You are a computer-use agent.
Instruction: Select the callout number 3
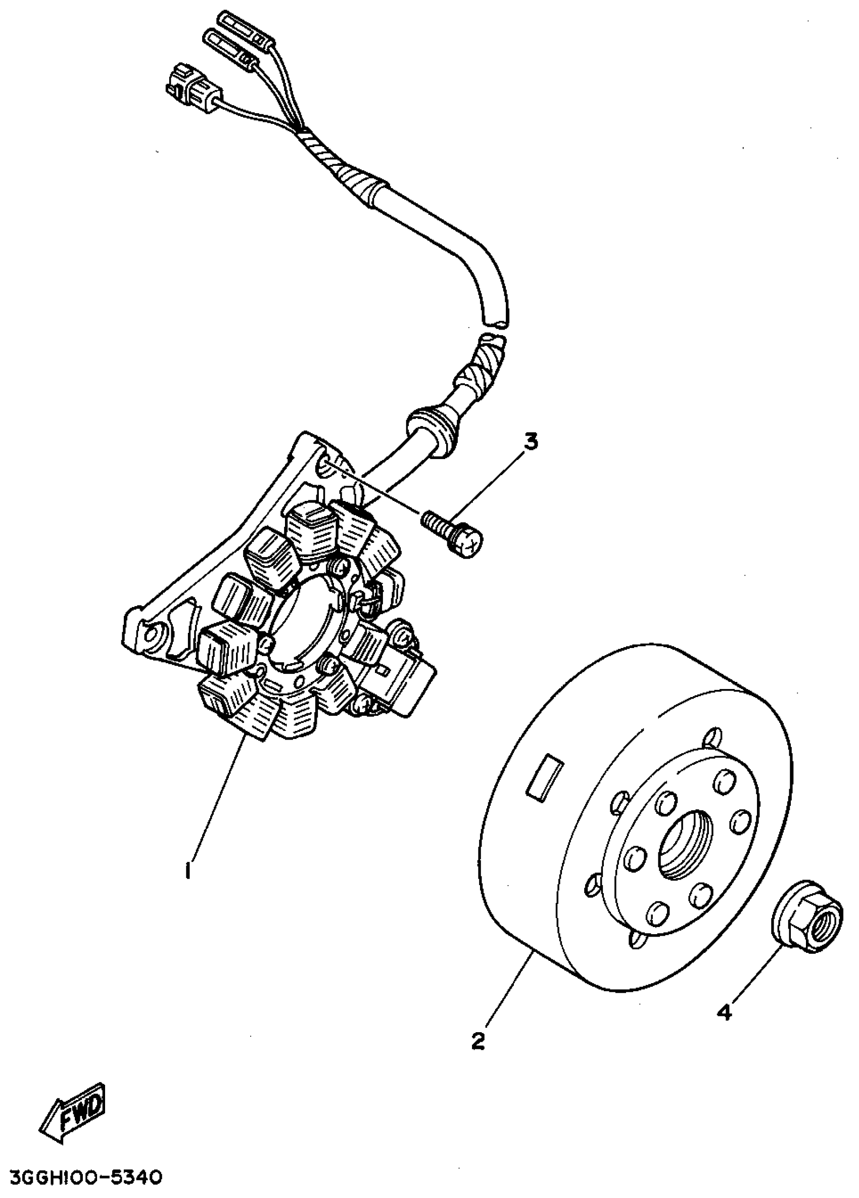click(530, 441)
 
